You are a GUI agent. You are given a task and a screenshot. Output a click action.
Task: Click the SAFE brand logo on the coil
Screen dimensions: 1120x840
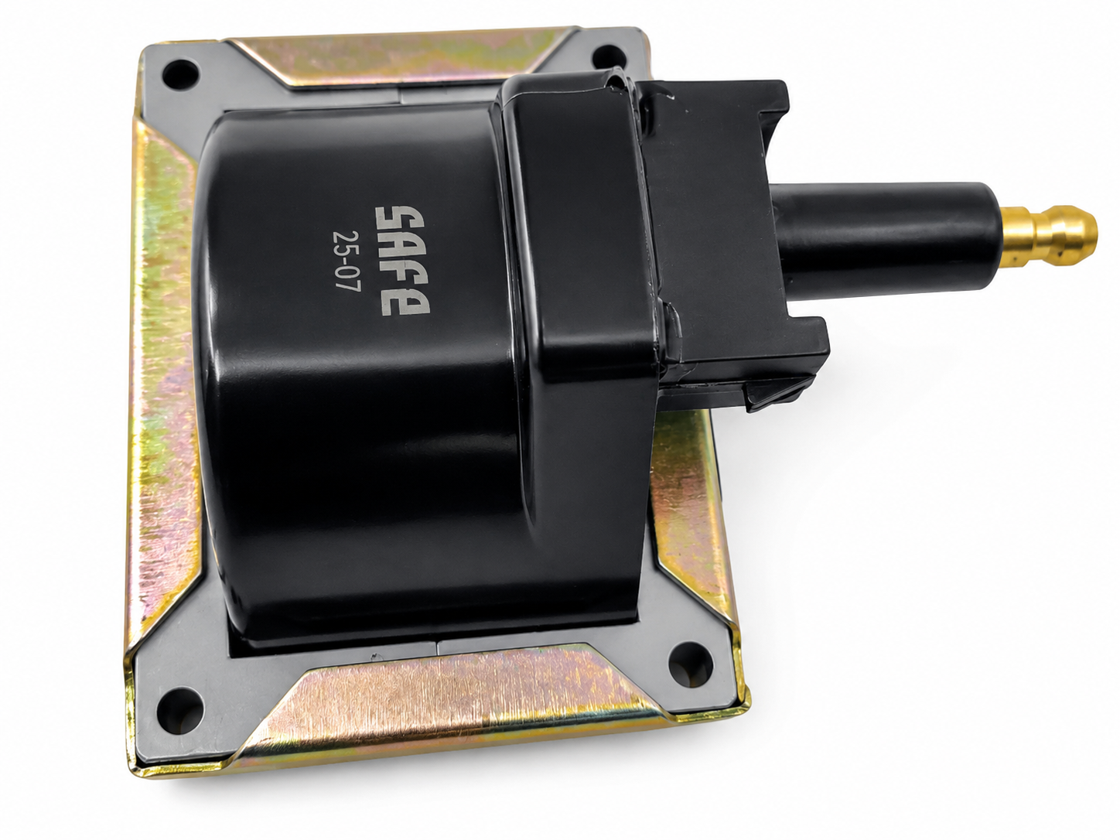click(402, 260)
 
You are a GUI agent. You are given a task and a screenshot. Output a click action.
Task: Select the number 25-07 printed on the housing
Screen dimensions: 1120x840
click(347, 260)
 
